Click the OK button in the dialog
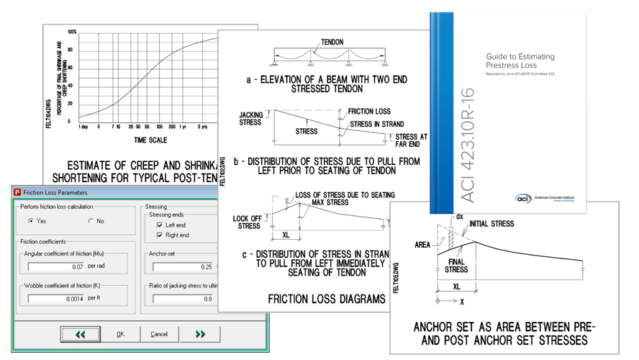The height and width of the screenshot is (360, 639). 121,334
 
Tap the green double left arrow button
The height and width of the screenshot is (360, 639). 79,334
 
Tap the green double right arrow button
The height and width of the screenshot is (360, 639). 199,334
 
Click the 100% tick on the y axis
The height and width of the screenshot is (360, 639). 72,32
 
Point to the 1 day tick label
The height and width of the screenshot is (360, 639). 84,126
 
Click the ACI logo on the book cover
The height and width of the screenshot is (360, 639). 525,198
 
